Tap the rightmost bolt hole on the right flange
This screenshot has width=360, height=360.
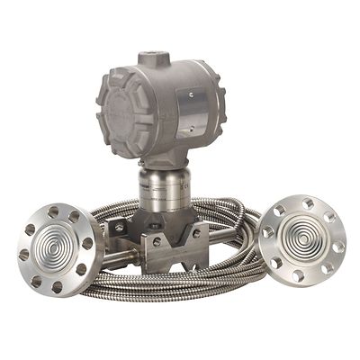(338, 246)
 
